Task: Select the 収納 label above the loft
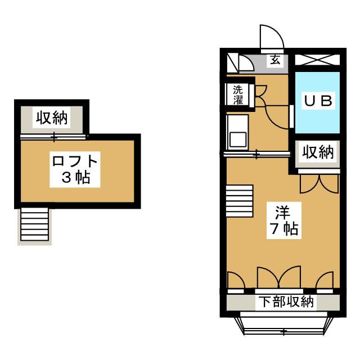(x=52, y=118)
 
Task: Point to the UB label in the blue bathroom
(x=319, y=101)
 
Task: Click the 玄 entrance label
(x=275, y=60)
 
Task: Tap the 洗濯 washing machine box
(x=238, y=94)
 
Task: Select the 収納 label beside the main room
(x=319, y=152)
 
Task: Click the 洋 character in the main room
(x=282, y=213)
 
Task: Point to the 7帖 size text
(x=282, y=229)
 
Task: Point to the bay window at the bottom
(x=283, y=325)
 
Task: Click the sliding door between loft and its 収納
(x=54, y=136)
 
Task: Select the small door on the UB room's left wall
(x=292, y=115)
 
